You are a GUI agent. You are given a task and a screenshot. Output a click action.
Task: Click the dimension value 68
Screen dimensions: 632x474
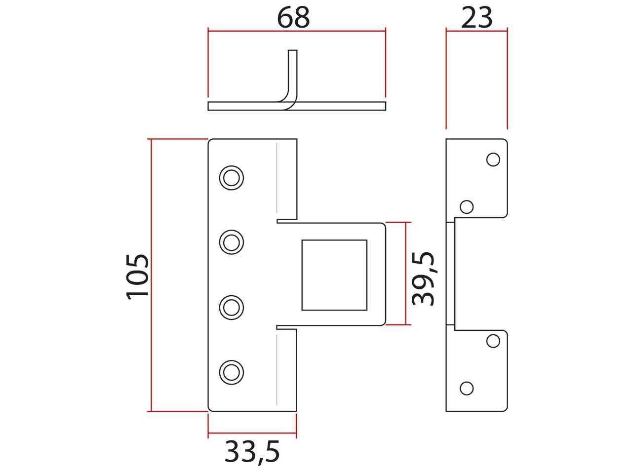click(x=293, y=18)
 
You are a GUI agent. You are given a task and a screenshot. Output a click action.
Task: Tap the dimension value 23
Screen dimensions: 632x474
click(x=477, y=18)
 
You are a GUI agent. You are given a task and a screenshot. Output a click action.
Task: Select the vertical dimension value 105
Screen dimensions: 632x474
click(x=137, y=277)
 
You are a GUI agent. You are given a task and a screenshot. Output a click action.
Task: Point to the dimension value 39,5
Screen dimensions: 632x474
click(x=423, y=278)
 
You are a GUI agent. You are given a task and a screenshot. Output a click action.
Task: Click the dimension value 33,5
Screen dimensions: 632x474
click(x=252, y=452)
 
